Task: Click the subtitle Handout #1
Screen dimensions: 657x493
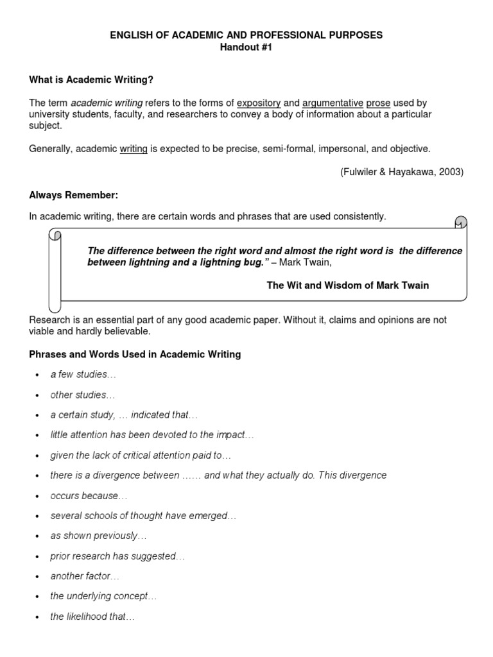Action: pos(246,47)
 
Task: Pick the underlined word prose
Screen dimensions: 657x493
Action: pos(377,103)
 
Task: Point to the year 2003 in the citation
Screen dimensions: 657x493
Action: pos(449,172)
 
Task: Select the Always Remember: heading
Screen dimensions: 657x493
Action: pos(74,195)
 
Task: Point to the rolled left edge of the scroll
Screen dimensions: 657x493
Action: pos(55,269)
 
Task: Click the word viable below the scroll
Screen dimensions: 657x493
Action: pos(42,331)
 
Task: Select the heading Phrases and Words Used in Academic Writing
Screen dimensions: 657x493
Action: pos(135,354)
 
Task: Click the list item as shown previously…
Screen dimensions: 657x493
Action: pos(99,536)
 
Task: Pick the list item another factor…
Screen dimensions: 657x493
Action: pos(85,576)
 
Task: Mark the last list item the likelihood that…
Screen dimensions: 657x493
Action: pos(93,617)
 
